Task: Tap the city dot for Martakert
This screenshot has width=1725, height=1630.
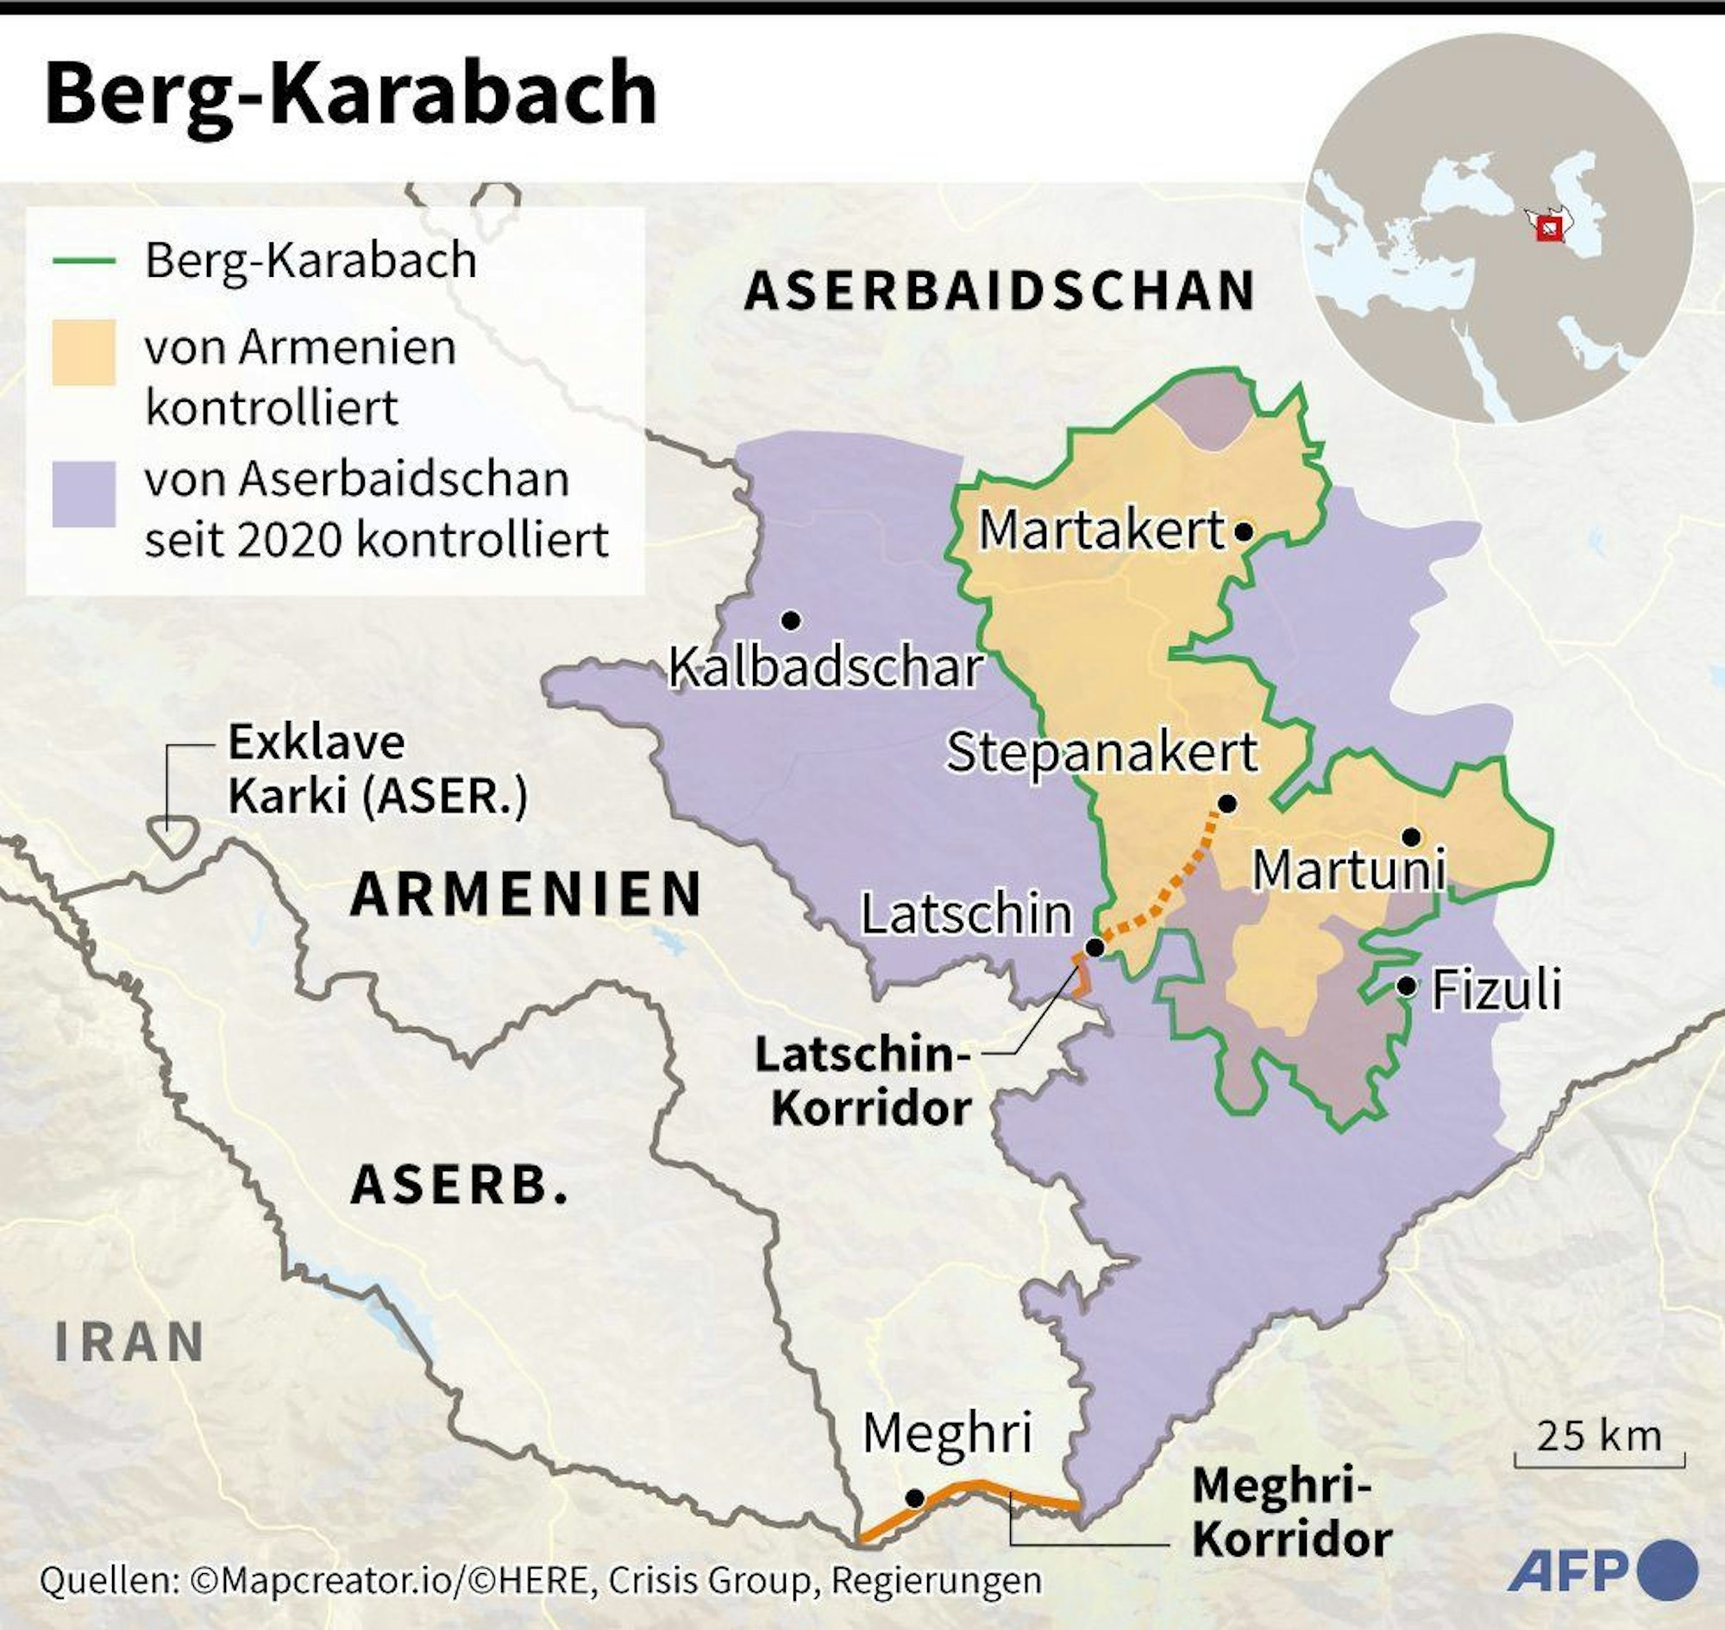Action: click(1244, 531)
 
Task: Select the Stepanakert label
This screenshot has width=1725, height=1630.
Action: click(1101, 751)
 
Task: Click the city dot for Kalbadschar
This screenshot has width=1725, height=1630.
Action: click(791, 620)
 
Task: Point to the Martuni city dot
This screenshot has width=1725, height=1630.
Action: click(1411, 837)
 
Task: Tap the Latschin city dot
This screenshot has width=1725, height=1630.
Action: click(1096, 947)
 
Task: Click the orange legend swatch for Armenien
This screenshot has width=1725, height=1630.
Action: click(85, 352)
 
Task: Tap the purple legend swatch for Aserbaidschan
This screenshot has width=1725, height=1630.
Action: click(85, 493)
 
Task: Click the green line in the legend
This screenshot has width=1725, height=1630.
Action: click(85, 260)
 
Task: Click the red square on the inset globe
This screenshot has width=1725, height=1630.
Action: click(1548, 229)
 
